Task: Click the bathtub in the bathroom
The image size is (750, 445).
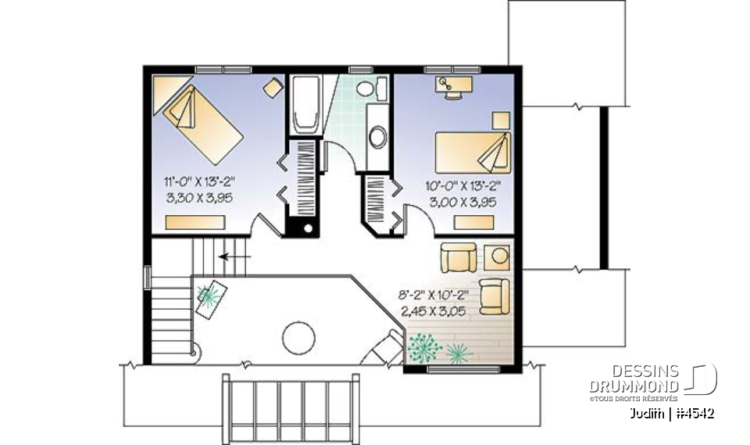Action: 305,106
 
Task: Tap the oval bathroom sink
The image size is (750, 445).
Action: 377,138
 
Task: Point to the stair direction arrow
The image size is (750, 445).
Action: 234,256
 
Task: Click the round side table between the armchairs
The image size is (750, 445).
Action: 498,256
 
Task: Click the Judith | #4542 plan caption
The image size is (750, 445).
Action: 673,413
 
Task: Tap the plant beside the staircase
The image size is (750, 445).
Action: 209,295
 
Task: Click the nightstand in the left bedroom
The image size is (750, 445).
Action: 273,88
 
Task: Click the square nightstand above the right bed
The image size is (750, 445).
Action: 500,119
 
